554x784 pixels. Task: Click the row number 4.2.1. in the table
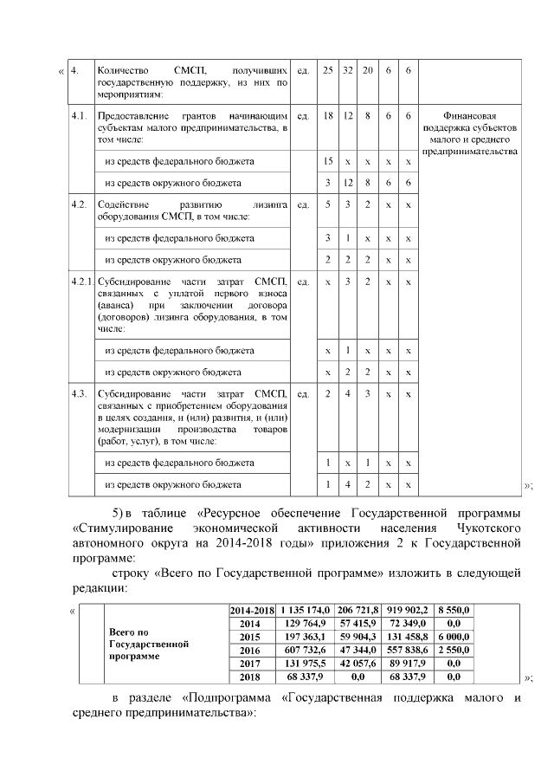82,282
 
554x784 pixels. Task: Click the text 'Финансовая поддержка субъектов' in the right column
468,123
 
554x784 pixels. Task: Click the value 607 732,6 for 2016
306,650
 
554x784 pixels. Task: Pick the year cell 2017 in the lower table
250,663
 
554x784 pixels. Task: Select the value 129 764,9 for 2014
306,624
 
